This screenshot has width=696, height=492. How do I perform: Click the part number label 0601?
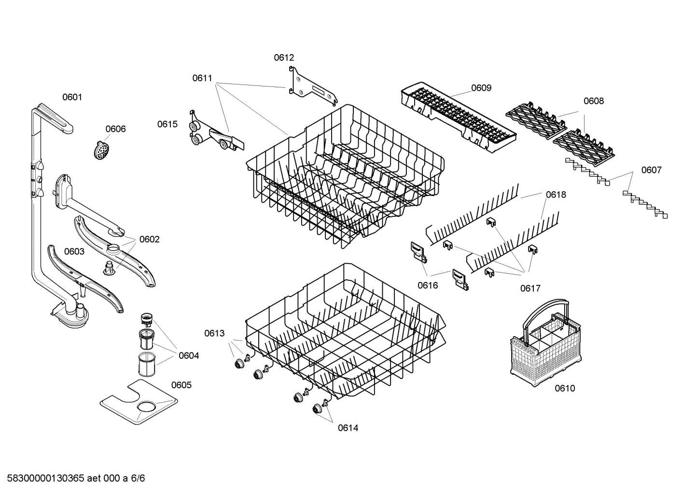pos(72,97)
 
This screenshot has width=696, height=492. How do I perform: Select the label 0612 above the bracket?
pos(284,57)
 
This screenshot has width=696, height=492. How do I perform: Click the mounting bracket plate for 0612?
pos(311,87)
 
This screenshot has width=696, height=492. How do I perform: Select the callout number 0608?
pos(593,101)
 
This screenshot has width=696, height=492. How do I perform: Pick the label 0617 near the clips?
pos(530,288)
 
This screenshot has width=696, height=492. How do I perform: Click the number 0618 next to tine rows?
pos(556,195)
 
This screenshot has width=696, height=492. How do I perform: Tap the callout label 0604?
pos(188,356)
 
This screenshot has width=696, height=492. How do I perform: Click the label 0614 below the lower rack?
pos(348,428)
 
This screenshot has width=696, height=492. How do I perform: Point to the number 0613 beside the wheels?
pos(214,333)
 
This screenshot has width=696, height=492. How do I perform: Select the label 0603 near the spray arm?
pos(74,252)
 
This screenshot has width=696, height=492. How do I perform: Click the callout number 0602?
pos(149,239)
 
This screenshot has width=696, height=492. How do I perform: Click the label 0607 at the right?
pos(651,170)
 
